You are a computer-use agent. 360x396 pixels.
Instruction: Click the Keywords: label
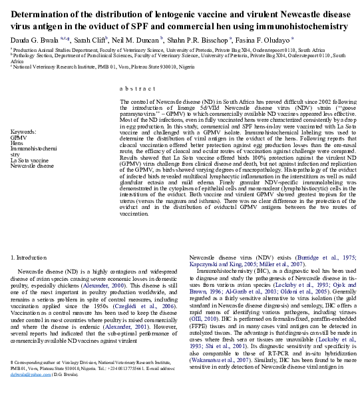point(26,132)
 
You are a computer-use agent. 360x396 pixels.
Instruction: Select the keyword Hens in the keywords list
point(18,143)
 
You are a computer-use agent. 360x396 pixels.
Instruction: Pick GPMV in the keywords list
point(19,138)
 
